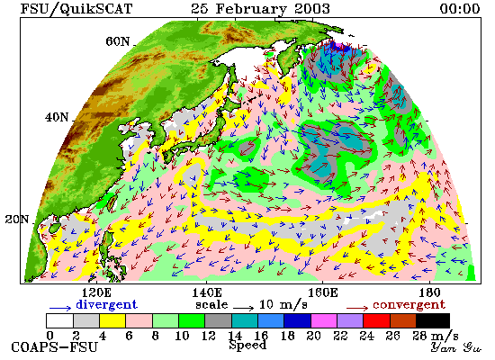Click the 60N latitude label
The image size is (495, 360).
(x=117, y=41)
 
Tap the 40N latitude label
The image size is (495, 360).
(x=57, y=118)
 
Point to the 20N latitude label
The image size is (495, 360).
(x=17, y=220)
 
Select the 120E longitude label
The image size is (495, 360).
(x=96, y=293)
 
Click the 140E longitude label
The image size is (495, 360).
(x=207, y=293)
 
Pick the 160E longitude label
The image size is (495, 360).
(x=322, y=293)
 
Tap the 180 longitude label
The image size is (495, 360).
(x=429, y=293)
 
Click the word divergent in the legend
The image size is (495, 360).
(x=107, y=304)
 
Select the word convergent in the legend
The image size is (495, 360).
(x=409, y=305)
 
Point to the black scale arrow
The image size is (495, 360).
(x=243, y=307)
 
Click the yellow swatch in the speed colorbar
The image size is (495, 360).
(x=112, y=320)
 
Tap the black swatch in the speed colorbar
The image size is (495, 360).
(x=433, y=320)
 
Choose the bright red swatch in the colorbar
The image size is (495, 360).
(x=376, y=320)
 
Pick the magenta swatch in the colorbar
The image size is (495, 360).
(x=324, y=320)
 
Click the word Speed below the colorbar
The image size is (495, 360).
(x=247, y=345)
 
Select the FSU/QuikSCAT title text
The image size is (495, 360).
(x=76, y=8)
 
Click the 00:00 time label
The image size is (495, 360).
(x=460, y=8)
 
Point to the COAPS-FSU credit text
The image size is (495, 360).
(x=55, y=347)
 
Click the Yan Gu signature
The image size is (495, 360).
(x=456, y=347)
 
